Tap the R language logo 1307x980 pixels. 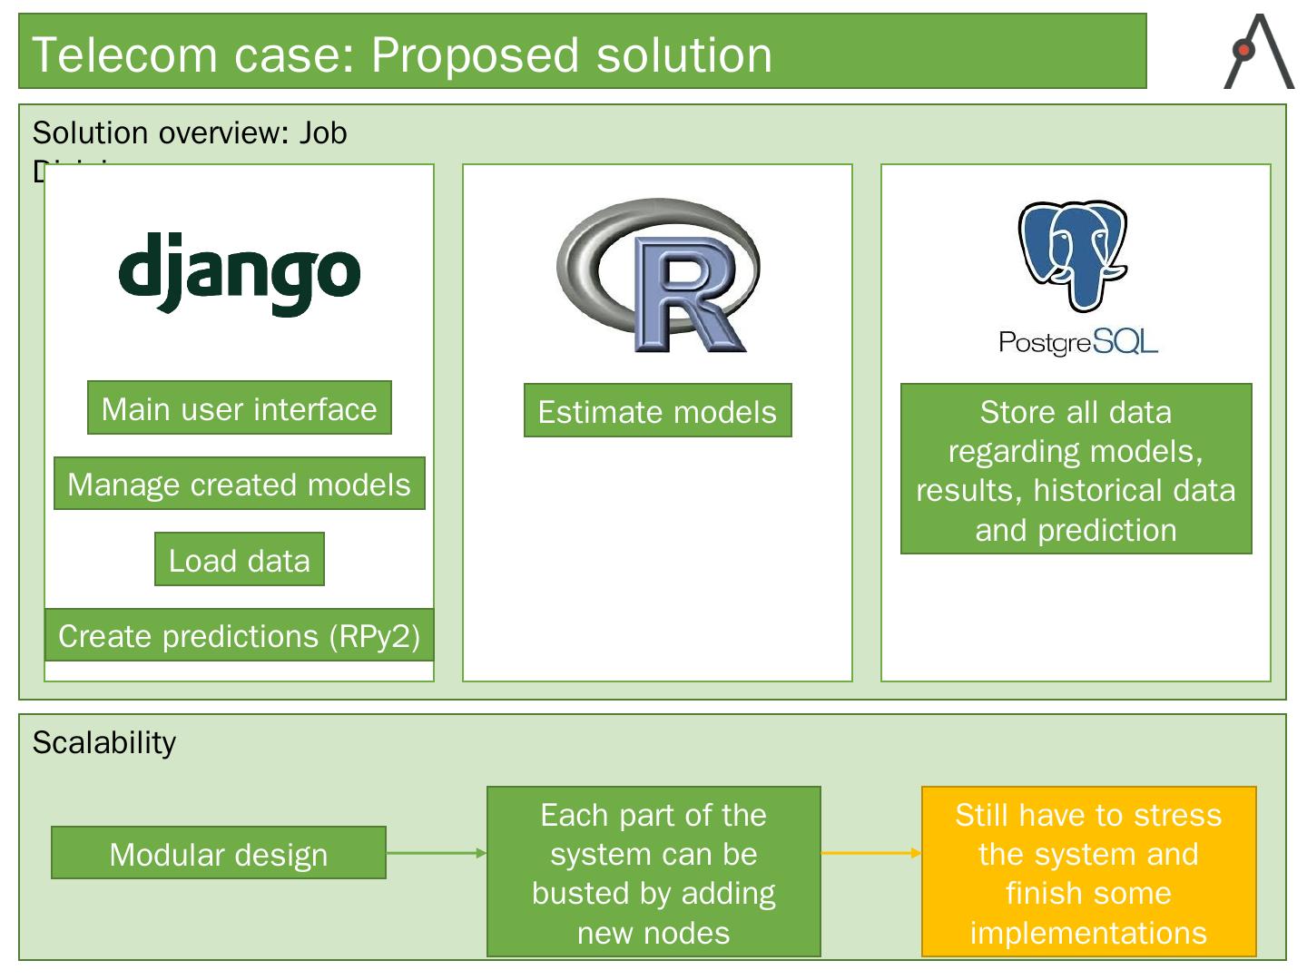tap(659, 276)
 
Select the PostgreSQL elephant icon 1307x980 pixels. tap(1073, 254)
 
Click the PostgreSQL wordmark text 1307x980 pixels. tap(1077, 342)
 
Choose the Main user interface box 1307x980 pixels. tap(240, 408)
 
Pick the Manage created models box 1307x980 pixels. tap(240, 484)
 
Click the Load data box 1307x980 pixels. tap(240, 560)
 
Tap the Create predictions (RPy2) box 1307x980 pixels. tap(240, 635)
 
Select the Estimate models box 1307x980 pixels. tap(657, 411)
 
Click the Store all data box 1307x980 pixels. tap(1076, 469)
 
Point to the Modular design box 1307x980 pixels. tap(219, 853)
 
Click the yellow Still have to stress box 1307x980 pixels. tap(1088, 872)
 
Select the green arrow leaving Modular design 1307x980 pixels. tap(436, 853)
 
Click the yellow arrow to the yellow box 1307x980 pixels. tap(870, 853)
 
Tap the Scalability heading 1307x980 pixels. tap(104, 742)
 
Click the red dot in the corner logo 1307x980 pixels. tap(1244, 50)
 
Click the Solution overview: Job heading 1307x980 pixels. tap(190, 132)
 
